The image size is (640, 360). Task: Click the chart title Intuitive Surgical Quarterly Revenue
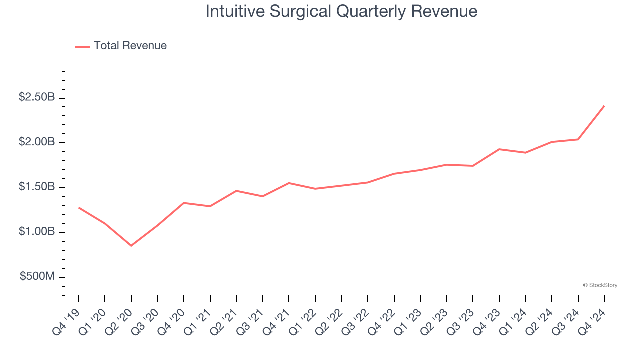pyautogui.click(x=341, y=11)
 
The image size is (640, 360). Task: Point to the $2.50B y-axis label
pyautogui.click(x=37, y=97)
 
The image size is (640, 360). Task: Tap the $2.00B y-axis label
pyautogui.click(x=37, y=142)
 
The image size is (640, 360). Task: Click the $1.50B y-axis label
pyautogui.click(x=37, y=187)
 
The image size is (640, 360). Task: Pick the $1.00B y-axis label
pyautogui.click(x=37, y=232)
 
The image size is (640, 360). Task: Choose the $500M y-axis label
pyautogui.click(x=37, y=277)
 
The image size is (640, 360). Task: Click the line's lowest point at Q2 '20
pyautogui.click(x=131, y=246)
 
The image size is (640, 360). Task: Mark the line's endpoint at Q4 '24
pyautogui.click(x=604, y=106)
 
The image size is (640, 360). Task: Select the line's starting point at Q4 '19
pyautogui.click(x=79, y=207)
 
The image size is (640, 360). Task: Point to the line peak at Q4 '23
pyautogui.click(x=499, y=149)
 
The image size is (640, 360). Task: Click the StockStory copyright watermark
pyautogui.click(x=600, y=285)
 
